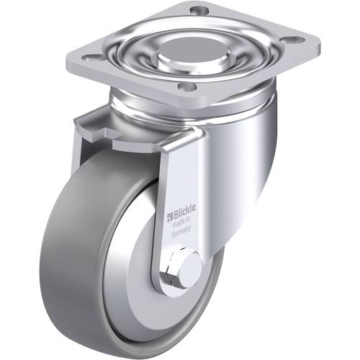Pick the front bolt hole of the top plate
pyautogui.click(x=186, y=86)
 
